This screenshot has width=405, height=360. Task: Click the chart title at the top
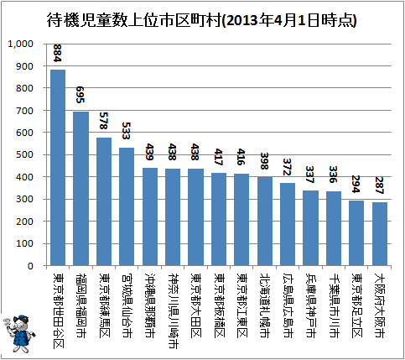201,20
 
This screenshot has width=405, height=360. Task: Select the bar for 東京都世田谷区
58,168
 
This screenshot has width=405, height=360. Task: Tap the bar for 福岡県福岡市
80,189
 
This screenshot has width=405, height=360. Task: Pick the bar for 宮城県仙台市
127,206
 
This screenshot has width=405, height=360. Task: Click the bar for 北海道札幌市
265,222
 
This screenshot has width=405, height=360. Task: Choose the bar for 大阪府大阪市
380,234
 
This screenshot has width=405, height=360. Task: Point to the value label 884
57,53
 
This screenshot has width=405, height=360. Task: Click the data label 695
80,95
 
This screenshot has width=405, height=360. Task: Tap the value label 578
104,121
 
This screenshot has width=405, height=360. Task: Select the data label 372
288,167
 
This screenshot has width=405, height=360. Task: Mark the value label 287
379,185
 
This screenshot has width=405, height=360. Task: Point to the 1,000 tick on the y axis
20,44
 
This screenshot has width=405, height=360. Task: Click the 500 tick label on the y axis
24,154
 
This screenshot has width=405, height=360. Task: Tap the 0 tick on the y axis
30,266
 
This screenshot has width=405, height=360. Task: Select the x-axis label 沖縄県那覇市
150,305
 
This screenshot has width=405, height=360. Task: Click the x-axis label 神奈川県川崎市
173,310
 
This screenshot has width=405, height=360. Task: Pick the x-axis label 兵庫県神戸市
310,305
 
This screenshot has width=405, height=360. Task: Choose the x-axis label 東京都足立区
356,305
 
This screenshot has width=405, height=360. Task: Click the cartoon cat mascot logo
19,333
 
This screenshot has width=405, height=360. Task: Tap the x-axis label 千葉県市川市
334,305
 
